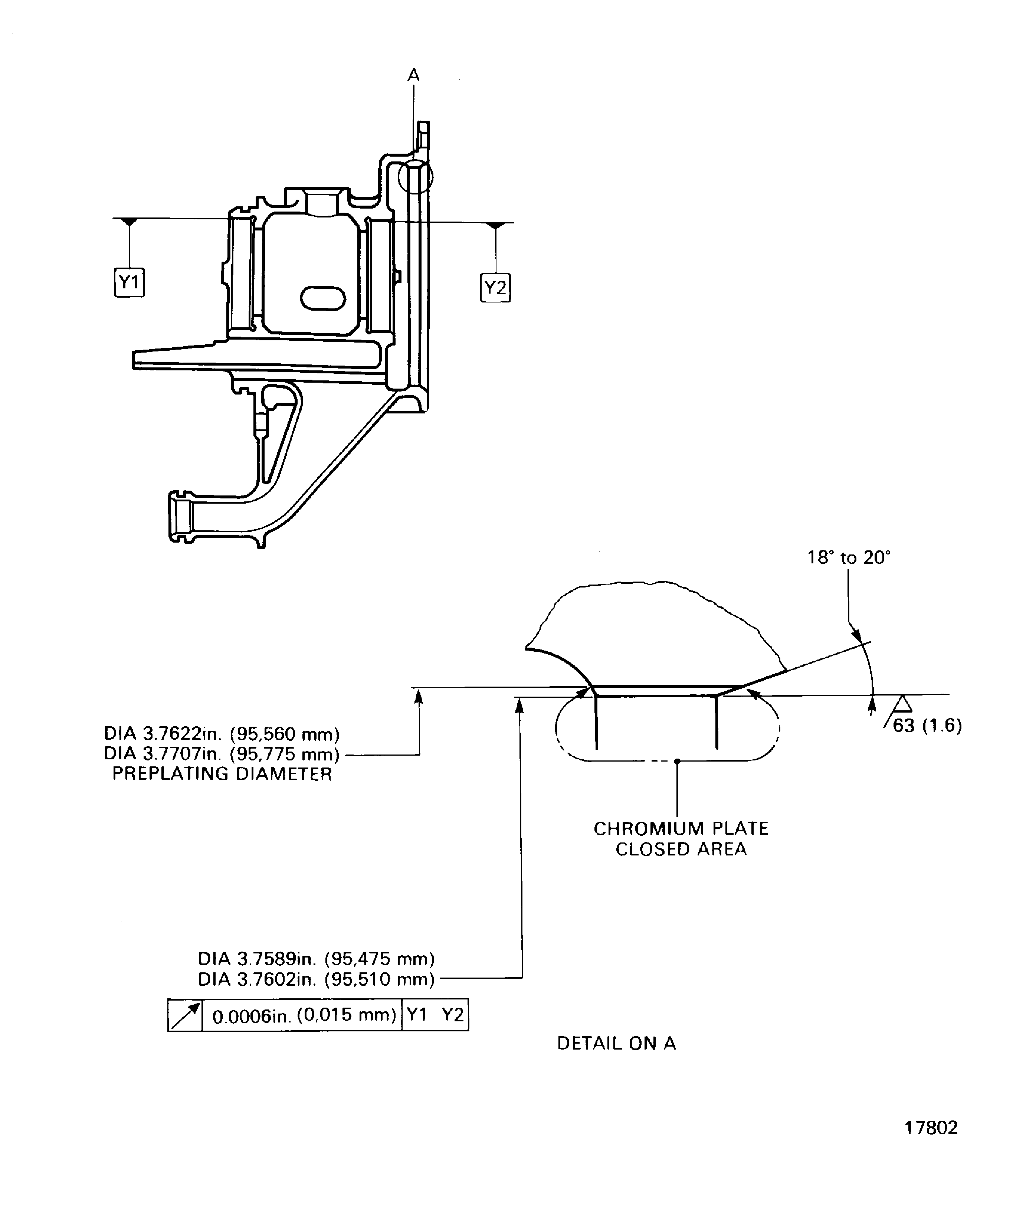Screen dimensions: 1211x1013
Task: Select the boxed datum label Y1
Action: [x=129, y=282]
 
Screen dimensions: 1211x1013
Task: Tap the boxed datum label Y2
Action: [x=495, y=287]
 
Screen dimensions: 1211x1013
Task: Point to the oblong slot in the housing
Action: [x=323, y=298]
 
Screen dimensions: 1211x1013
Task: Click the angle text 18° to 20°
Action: [x=848, y=558]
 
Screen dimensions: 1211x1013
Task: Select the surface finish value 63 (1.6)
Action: [x=927, y=726]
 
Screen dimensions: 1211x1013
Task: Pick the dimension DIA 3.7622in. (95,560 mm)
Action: [x=222, y=734]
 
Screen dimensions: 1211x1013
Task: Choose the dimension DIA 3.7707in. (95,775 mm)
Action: [x=222, y=754]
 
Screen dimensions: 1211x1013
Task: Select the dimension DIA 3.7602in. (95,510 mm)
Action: [x=316, y=979]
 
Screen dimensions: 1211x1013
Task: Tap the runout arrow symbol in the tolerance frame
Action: [x=185, y=1015]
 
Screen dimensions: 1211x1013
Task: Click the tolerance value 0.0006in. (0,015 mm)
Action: [x=304, y=1015]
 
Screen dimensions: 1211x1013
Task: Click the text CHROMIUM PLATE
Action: [x=681, y=829]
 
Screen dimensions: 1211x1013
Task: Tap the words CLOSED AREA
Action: [x=681, y=849]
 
